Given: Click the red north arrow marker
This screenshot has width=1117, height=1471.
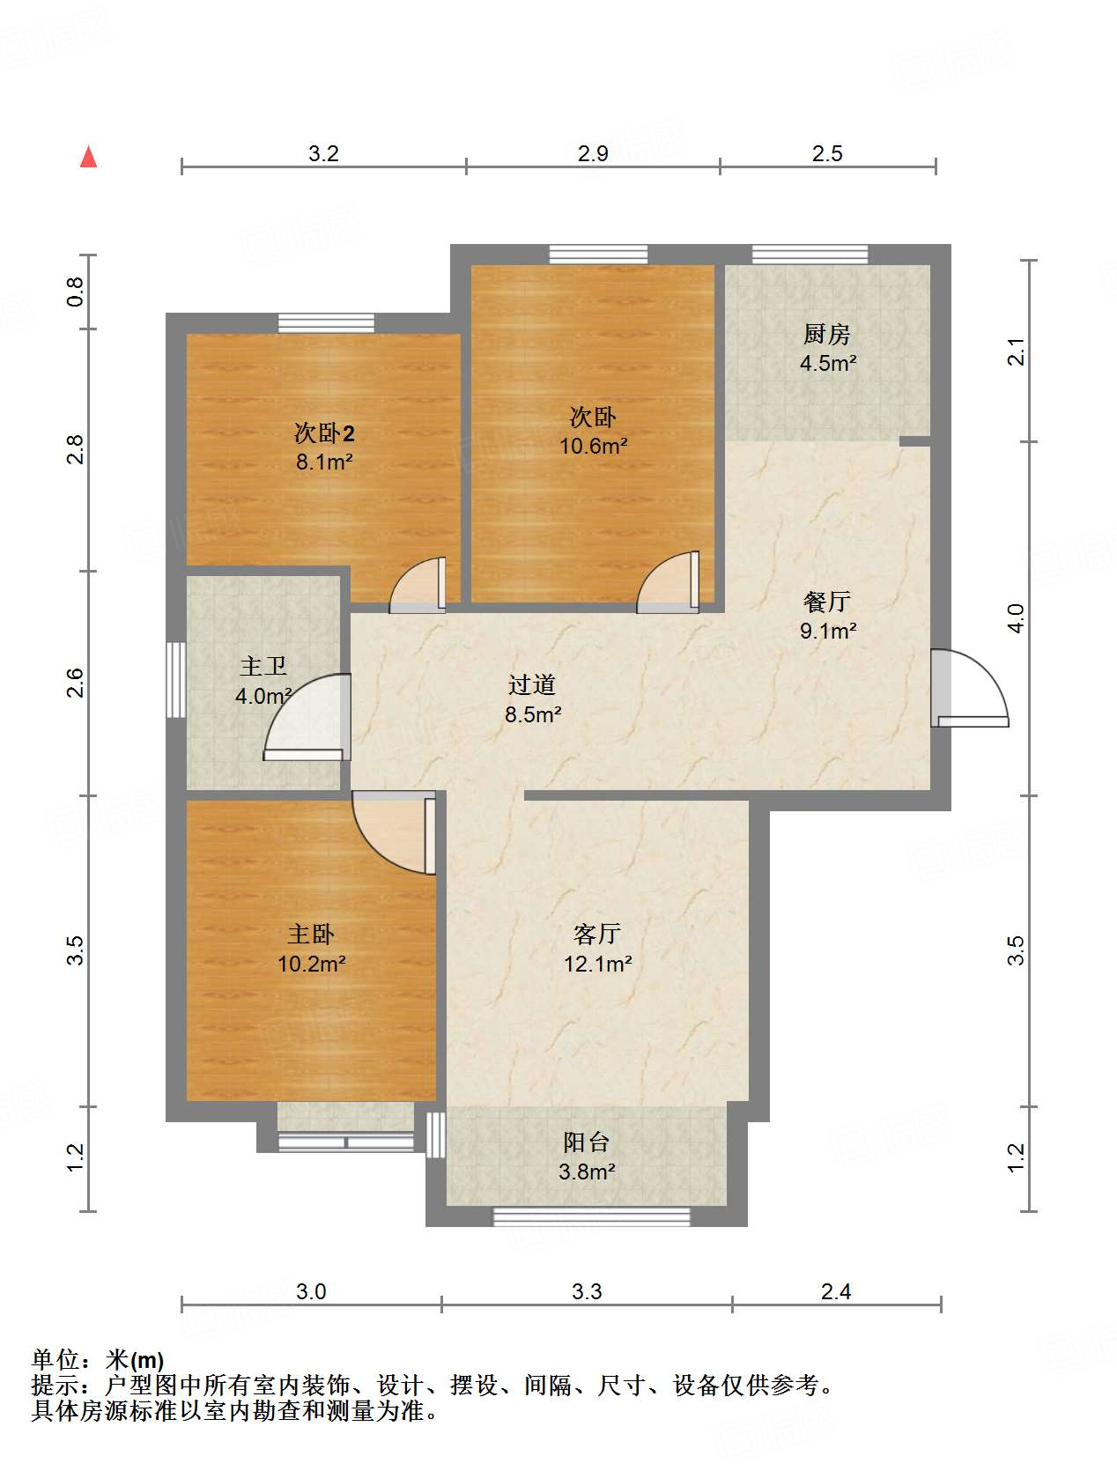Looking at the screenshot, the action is pos(88,156).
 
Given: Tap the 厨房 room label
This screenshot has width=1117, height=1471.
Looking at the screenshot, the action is pos(826,334).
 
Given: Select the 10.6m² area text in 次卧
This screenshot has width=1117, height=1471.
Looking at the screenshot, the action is pos(593,446).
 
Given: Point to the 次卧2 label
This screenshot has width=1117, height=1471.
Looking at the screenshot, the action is pos(324,432).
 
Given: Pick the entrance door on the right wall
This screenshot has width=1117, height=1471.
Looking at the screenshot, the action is pos(969,688).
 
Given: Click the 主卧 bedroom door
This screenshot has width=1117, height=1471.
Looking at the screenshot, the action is pos(394,832).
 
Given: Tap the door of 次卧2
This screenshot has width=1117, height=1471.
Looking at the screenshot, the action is pos(418,585).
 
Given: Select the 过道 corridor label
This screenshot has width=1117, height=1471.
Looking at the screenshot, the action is pos(532,684).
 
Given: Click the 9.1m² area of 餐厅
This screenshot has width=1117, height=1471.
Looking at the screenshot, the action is pos(828,631).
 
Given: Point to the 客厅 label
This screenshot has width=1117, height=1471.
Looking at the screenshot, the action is pos(597,934).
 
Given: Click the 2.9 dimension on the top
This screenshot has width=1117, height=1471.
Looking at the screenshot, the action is pos(593,153).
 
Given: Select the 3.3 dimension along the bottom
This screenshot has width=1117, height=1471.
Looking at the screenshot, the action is pos(587,1290).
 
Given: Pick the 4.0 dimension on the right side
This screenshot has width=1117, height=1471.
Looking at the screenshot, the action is pos(1017,617).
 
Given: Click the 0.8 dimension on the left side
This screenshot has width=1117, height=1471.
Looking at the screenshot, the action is pos(75,292).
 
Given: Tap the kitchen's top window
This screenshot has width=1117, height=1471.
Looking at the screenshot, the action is pos(810,254).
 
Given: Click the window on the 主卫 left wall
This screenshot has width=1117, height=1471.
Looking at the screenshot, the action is pos(175,680).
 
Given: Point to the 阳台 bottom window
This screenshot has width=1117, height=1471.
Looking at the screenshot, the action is pos(592,1217).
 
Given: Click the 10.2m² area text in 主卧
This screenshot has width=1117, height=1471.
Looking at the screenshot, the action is pos(312,964).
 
